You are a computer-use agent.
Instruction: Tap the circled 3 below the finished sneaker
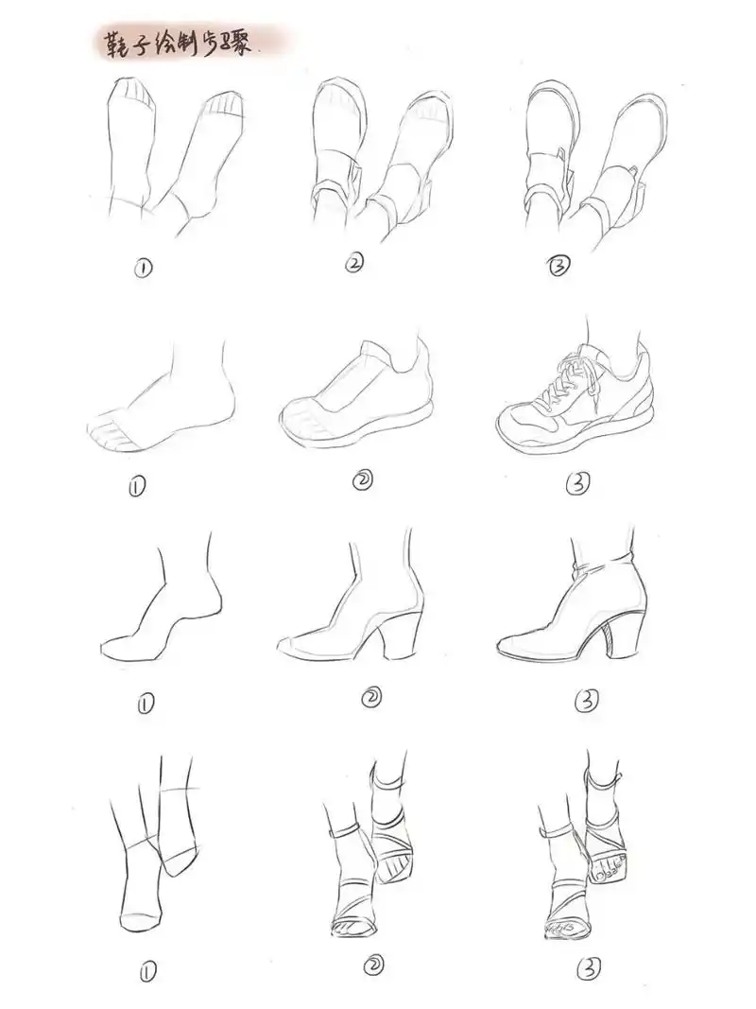click(x=577, y=483)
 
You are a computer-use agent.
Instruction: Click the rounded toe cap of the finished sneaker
click(x=521, y=422)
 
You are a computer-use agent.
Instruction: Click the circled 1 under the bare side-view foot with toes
click(x=136, y=487)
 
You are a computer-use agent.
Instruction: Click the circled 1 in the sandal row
click(x=147, y=969)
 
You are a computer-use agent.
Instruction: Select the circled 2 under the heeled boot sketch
click(x=371, y=697)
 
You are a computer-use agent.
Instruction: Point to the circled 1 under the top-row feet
click(x=143, y=268)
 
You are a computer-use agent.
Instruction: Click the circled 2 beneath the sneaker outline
click(x=363, y=480)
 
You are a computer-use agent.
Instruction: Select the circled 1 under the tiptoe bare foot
click(x=146, y=705)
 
